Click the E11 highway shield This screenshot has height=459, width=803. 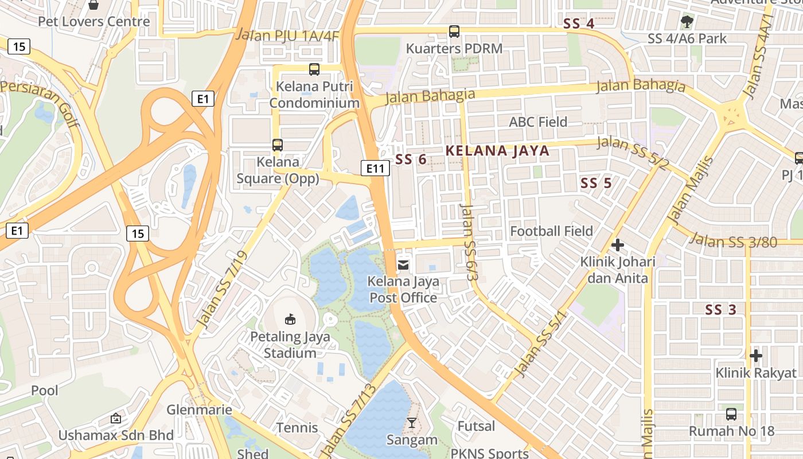(x=376, y=168)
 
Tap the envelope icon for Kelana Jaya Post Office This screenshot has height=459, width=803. (x=403, y=264)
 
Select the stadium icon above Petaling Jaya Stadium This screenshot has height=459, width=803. (x=290, y=319)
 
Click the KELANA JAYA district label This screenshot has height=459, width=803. (x=497, y=151)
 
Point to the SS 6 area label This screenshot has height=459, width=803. (x=411, y=160)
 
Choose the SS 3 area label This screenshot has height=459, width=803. (x=720, y=310)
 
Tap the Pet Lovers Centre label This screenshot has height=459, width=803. (x=93, y=22)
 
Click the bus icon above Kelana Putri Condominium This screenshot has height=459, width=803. (x=314, y=69)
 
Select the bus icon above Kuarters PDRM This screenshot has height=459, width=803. (x=454, y=32)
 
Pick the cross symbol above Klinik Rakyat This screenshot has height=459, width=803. (x=756, y=356)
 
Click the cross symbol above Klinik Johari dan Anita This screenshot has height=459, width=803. (x=617, y=245)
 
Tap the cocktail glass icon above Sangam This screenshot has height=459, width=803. (x=411, y=423)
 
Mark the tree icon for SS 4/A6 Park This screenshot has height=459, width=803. (x=687, y=22)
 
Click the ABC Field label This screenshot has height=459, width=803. (x=538, y=122)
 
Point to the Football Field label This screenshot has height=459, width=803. (x=551, y=231)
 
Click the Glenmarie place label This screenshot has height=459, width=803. (x=199, y=410)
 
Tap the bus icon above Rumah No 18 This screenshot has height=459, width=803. (x=731, y=414)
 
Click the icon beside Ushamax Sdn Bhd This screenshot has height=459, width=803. (x=116, y=418)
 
